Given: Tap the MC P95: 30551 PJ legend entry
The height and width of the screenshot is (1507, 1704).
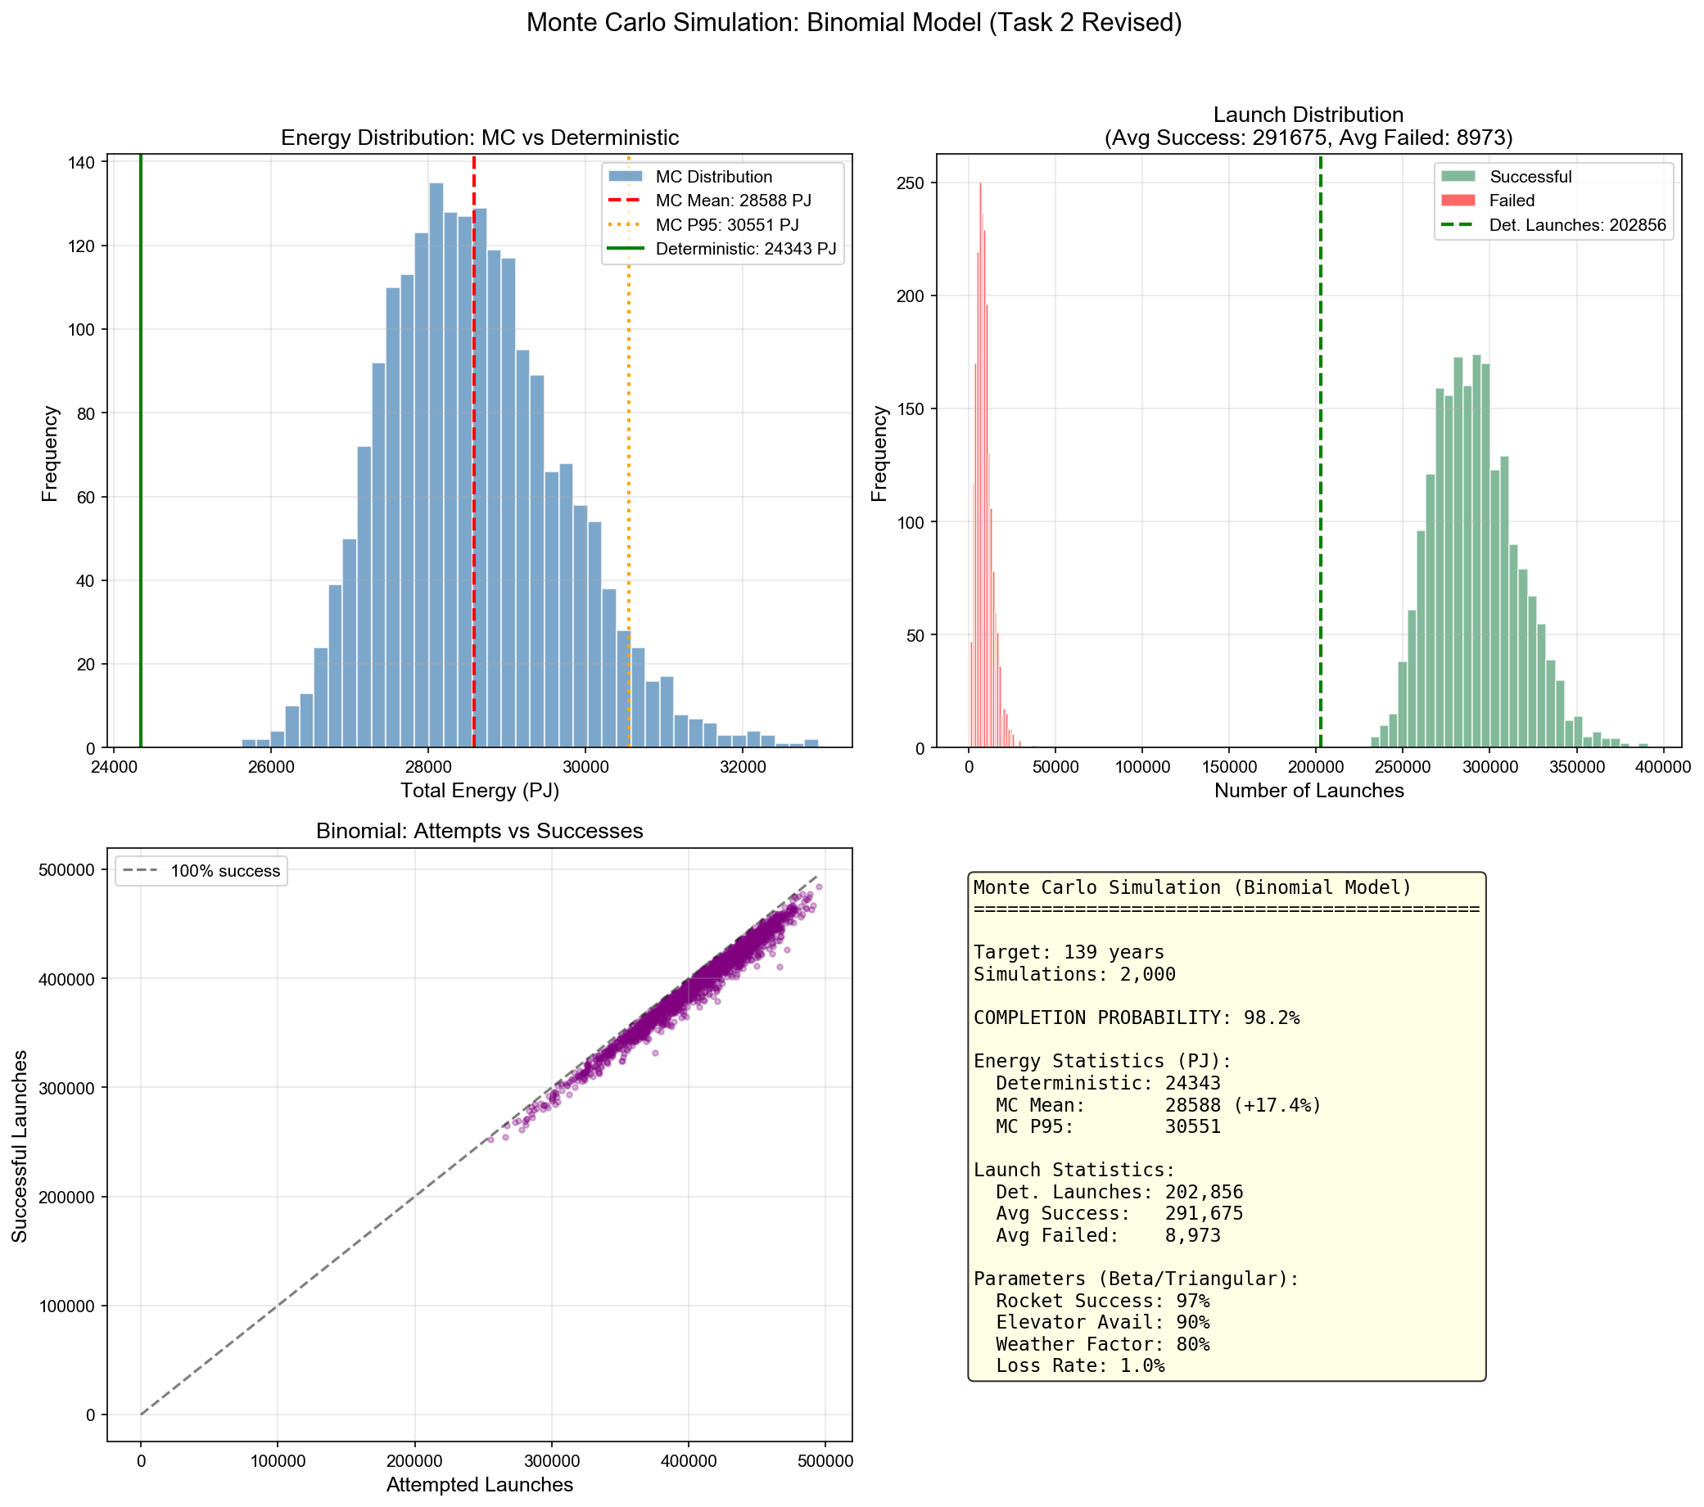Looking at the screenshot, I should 726,225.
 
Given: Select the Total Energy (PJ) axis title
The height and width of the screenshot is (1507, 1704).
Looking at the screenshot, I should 479,790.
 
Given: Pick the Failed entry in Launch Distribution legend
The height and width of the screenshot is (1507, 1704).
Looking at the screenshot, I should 1512,201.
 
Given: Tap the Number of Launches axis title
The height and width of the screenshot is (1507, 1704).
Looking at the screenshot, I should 1309,790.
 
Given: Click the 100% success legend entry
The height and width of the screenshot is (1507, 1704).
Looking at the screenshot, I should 225,871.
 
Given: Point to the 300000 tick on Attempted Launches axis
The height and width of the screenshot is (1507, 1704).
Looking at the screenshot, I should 551,1460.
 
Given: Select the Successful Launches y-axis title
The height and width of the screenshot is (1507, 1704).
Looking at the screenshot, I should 20,1145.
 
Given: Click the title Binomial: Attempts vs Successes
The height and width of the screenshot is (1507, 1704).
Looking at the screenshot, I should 479,831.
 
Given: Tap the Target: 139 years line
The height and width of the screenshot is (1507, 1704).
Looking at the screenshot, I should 1069,952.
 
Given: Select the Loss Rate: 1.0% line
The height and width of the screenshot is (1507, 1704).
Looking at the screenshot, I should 1069,1365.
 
